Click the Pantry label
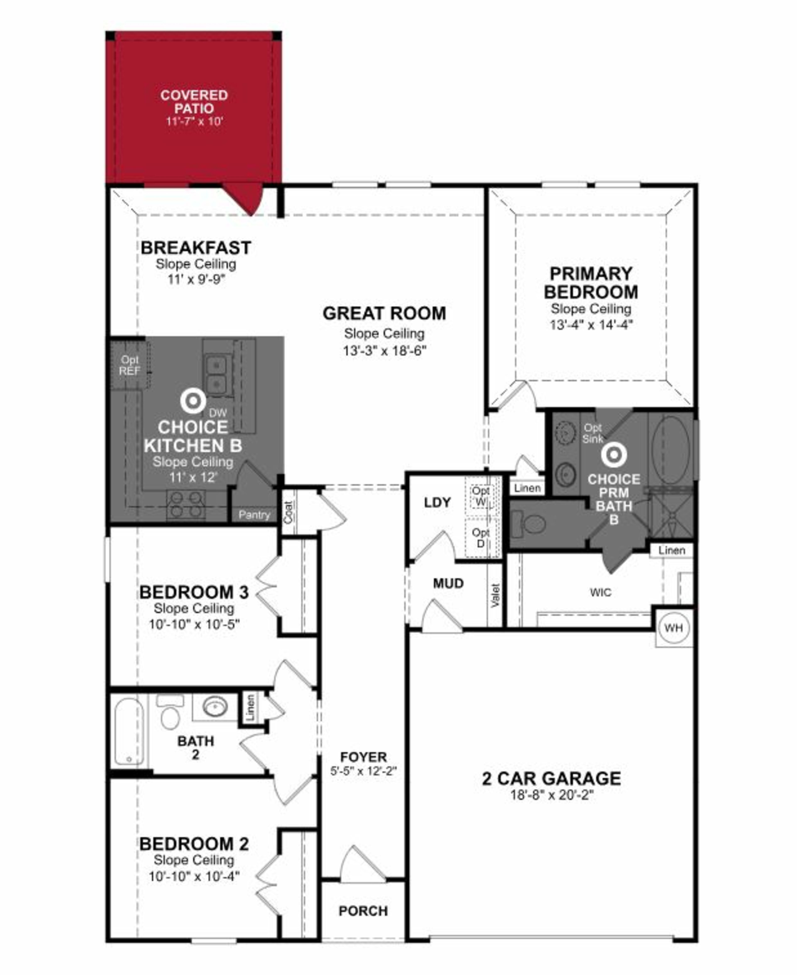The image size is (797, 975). [x=254, y=515]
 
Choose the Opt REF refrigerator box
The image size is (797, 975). [x=130, y=366]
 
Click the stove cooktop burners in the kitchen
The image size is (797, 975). [x=186, y=504]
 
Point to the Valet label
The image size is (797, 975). [x=495, y=596]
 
